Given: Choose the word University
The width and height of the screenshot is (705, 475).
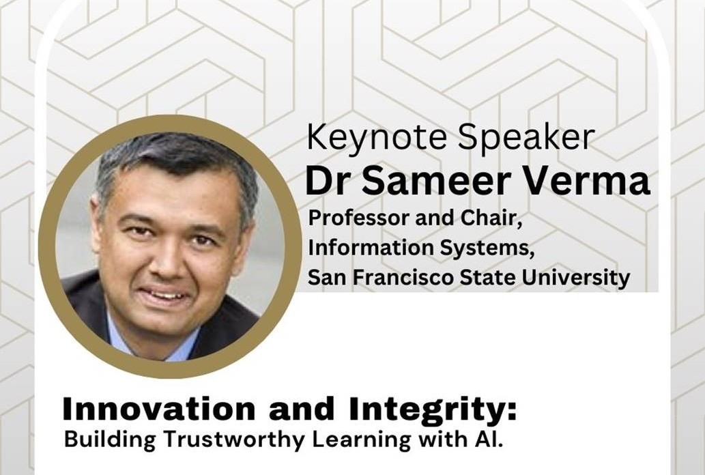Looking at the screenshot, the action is (x=576, y=278).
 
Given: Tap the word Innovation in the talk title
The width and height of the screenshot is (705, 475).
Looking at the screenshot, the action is (x=159, y=408).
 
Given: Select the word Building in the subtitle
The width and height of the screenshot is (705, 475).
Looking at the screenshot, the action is (x=110, y=440).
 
